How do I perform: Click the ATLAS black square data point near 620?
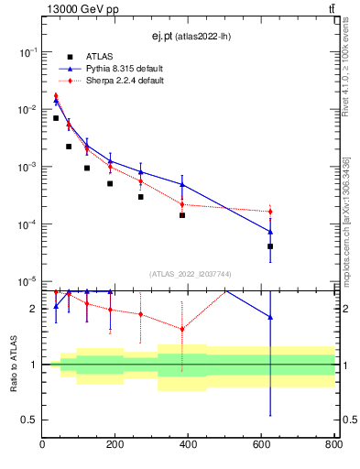click(270, 246)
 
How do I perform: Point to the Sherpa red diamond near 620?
click(270, 212)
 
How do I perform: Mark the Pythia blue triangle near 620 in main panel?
click(270, 231)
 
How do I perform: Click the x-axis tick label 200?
click(115, 445)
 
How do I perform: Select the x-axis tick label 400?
click(188, 445)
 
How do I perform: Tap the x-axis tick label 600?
click(261, 445)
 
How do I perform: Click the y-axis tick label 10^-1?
click(29, 53)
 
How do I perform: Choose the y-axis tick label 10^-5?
click(29, 281)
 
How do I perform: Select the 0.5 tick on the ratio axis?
click(32, 420)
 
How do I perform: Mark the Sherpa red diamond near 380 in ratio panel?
click(182, 329)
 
